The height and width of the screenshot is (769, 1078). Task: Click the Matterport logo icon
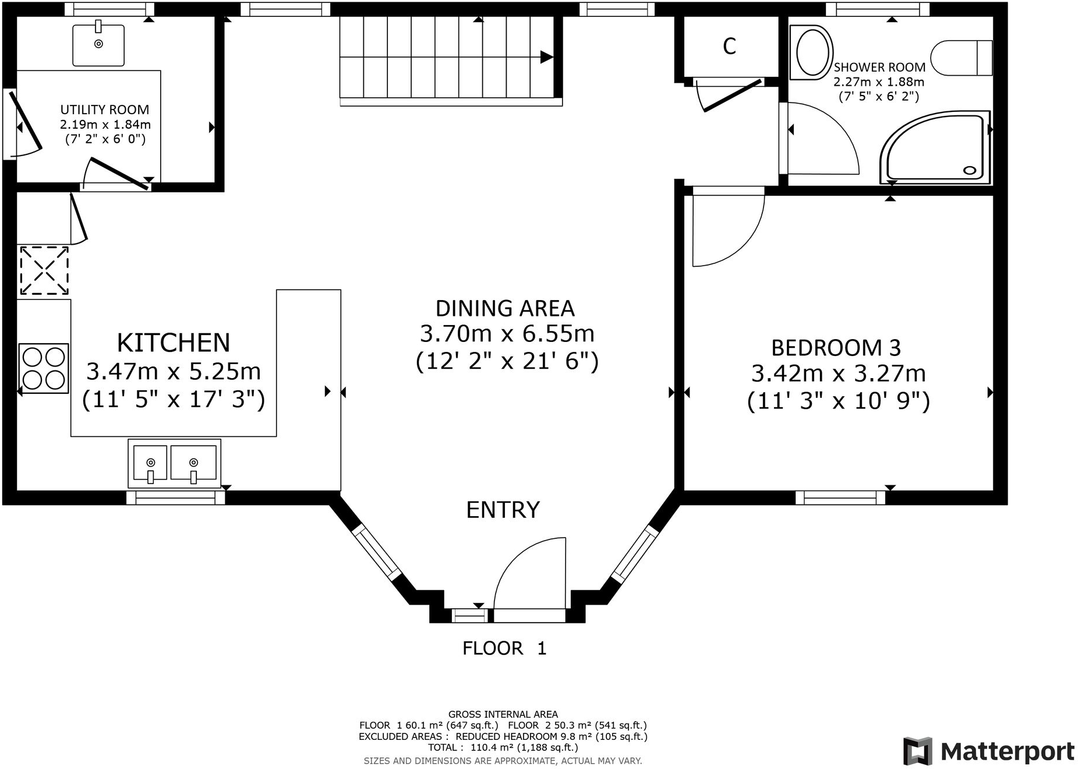tap(917, 752)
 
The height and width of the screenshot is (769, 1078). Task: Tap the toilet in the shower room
tap(961, 58)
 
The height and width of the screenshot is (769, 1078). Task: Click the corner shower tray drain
tap(970, 170)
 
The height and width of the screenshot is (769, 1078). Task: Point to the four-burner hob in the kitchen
tap(44, 368)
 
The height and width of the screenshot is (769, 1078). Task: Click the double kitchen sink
tap(175, 464)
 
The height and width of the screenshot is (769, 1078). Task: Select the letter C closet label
tap(730, 46)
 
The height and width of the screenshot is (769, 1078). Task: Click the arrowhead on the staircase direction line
tap(546, 57)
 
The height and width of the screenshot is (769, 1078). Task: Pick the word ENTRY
tap(503, 510)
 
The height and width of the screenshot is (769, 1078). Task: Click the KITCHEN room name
tap(174, 343)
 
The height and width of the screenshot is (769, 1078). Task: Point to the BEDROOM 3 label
tap(836, 348)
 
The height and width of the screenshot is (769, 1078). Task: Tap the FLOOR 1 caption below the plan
tap(504, 648)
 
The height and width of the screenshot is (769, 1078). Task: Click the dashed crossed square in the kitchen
tap(44, 271)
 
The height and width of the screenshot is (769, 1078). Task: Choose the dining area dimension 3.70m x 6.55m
tap(507, 334)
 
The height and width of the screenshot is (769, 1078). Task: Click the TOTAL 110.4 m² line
tap(503, 747)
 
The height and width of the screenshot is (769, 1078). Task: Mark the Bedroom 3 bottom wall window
tap(840, 498)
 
